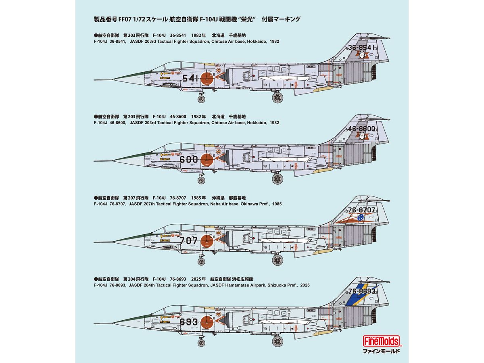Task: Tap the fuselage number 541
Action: tap(191, 78)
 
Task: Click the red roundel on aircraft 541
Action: tap(207, 79)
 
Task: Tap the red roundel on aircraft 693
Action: tap(207, 322)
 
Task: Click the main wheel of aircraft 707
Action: tap(277, 260)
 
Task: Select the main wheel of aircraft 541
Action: tap(277, 97)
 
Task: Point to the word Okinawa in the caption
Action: tap(240, 204)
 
